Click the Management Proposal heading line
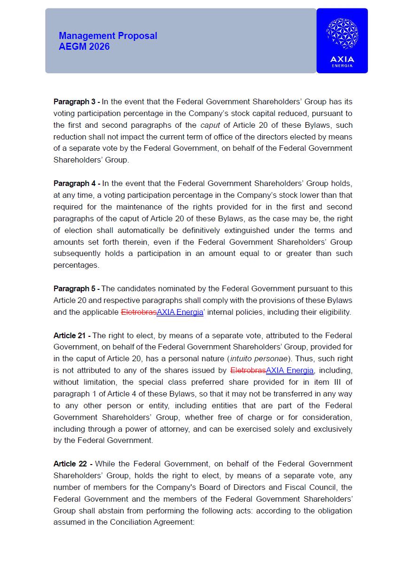click(x=108, y=36)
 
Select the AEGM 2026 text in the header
click(x=84, y=47)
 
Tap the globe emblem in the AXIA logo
click(x=342, y=34)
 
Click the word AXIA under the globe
click(x=342, y=59)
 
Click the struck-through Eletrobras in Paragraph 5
click(x=139, y=312)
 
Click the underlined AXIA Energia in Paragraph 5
click(x=180, y=312)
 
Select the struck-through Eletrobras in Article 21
click(x=248, y=371)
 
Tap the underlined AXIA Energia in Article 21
click(x=289, y=371)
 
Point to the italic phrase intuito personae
click(x=258, y=359)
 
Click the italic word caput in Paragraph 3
click(x=210, y=125)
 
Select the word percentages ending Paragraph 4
click(x=76, y=265)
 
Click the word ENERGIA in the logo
click(x=342, y=66)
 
